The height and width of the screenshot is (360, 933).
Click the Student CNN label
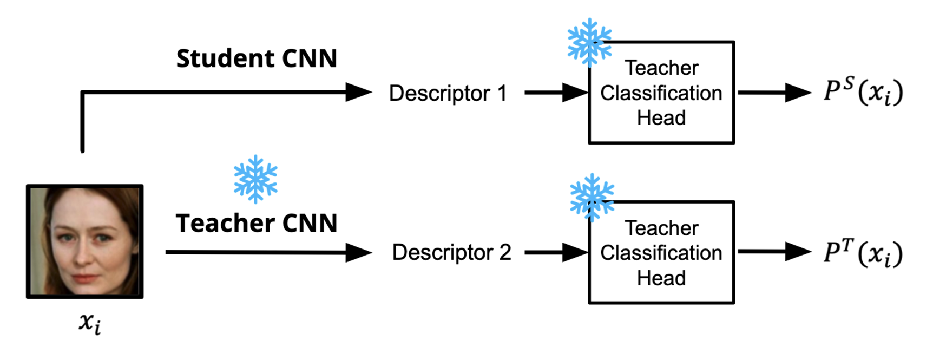(257, 58)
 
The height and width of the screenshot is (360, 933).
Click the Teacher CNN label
(257, 223)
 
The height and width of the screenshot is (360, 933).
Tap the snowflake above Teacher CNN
(255, 180)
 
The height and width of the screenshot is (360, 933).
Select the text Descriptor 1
(448, 93)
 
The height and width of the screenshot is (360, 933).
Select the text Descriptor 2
(451, 252)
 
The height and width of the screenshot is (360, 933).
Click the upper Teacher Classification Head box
(661, 93)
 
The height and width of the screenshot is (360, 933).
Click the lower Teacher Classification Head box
(661, 253)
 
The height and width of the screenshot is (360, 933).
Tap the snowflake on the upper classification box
(589, 43)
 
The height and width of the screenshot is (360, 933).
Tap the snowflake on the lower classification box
(592, 198)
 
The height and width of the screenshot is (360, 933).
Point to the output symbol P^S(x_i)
(863, 91)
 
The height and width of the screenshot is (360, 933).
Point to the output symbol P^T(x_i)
(863, 253)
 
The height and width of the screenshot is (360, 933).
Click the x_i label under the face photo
(90, 323)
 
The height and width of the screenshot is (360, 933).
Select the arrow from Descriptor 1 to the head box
(556, 93)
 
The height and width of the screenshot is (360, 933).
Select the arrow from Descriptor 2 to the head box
(556, 252)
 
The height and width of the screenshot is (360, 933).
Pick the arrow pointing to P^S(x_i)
(774, 93)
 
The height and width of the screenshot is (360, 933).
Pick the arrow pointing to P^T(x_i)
(774, 252)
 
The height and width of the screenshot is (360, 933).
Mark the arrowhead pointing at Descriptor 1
(358, 93)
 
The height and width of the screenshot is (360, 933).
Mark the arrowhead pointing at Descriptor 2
(358, 252)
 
